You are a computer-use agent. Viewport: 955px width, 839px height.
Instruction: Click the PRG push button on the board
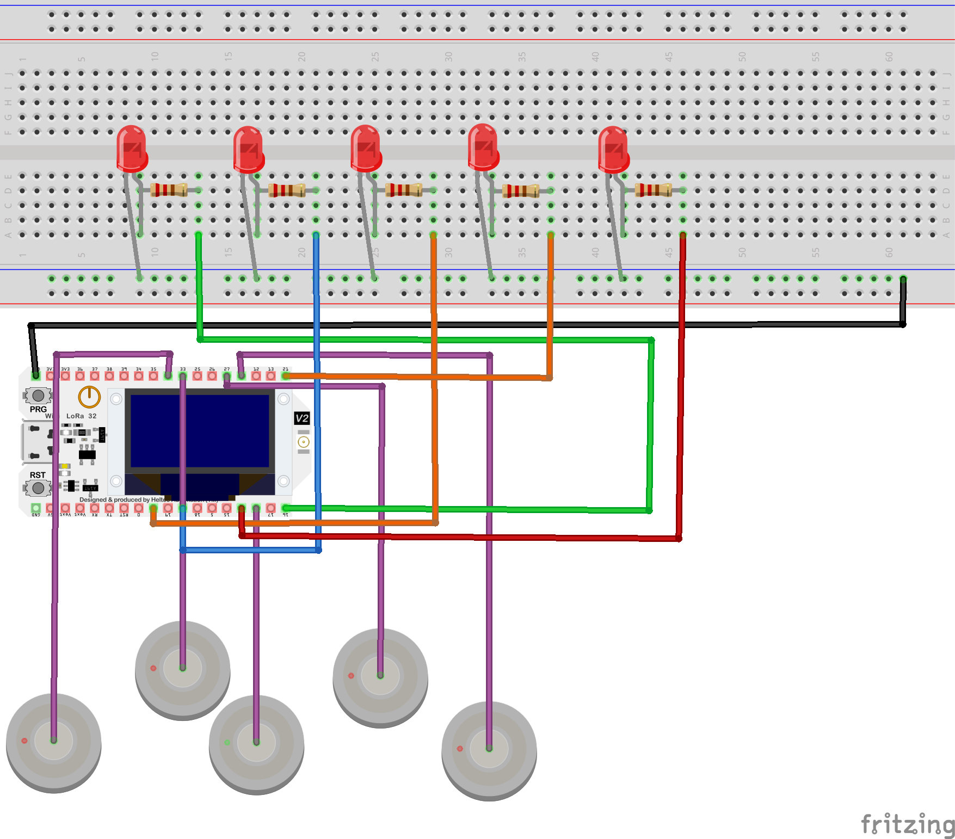[x=38, y=396]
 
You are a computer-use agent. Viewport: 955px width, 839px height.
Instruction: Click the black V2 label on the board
[x=302, y=418]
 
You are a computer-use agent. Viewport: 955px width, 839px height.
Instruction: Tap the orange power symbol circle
[x=89, y=397]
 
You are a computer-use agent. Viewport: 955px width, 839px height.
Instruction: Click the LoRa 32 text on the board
[x=81, y=416]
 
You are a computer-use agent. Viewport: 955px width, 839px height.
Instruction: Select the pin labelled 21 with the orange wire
[x=285, y=376]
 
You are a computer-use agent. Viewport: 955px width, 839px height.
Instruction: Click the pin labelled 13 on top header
[x=270, y=376]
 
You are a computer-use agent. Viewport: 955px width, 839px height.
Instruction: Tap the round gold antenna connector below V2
[x=304, y=442]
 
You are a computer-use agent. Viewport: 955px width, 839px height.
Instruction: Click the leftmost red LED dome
[x=132, y=147]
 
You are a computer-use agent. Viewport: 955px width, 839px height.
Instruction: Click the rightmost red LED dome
[x=613, y=148]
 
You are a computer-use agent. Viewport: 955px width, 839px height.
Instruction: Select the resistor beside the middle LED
[x=404, y=190]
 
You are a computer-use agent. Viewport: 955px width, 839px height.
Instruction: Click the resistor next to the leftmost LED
[x=169, y=190]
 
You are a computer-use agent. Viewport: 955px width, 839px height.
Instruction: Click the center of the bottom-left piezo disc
[x=53, y=740]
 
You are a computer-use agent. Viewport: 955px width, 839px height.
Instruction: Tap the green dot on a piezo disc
[x=227, y=742]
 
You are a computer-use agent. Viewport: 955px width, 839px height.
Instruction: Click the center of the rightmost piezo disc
[x=489, y=749]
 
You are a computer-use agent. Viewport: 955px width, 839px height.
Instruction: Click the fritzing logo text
[x=907, y=824]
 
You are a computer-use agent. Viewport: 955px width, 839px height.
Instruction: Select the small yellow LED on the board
[x=65, y=466]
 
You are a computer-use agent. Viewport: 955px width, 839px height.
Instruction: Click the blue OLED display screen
[x=200, y=430]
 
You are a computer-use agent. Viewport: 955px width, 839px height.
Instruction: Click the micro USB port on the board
[x=35, y=442]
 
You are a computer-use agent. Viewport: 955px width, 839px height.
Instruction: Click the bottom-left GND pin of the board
[x=36, y=508]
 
